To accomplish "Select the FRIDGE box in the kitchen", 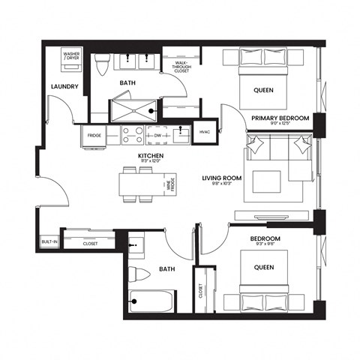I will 93,135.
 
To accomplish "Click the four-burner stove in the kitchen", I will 132,135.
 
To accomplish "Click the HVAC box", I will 204,132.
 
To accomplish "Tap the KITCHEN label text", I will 150,157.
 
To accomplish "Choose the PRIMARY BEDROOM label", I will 279,118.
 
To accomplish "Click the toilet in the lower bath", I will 137,271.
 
